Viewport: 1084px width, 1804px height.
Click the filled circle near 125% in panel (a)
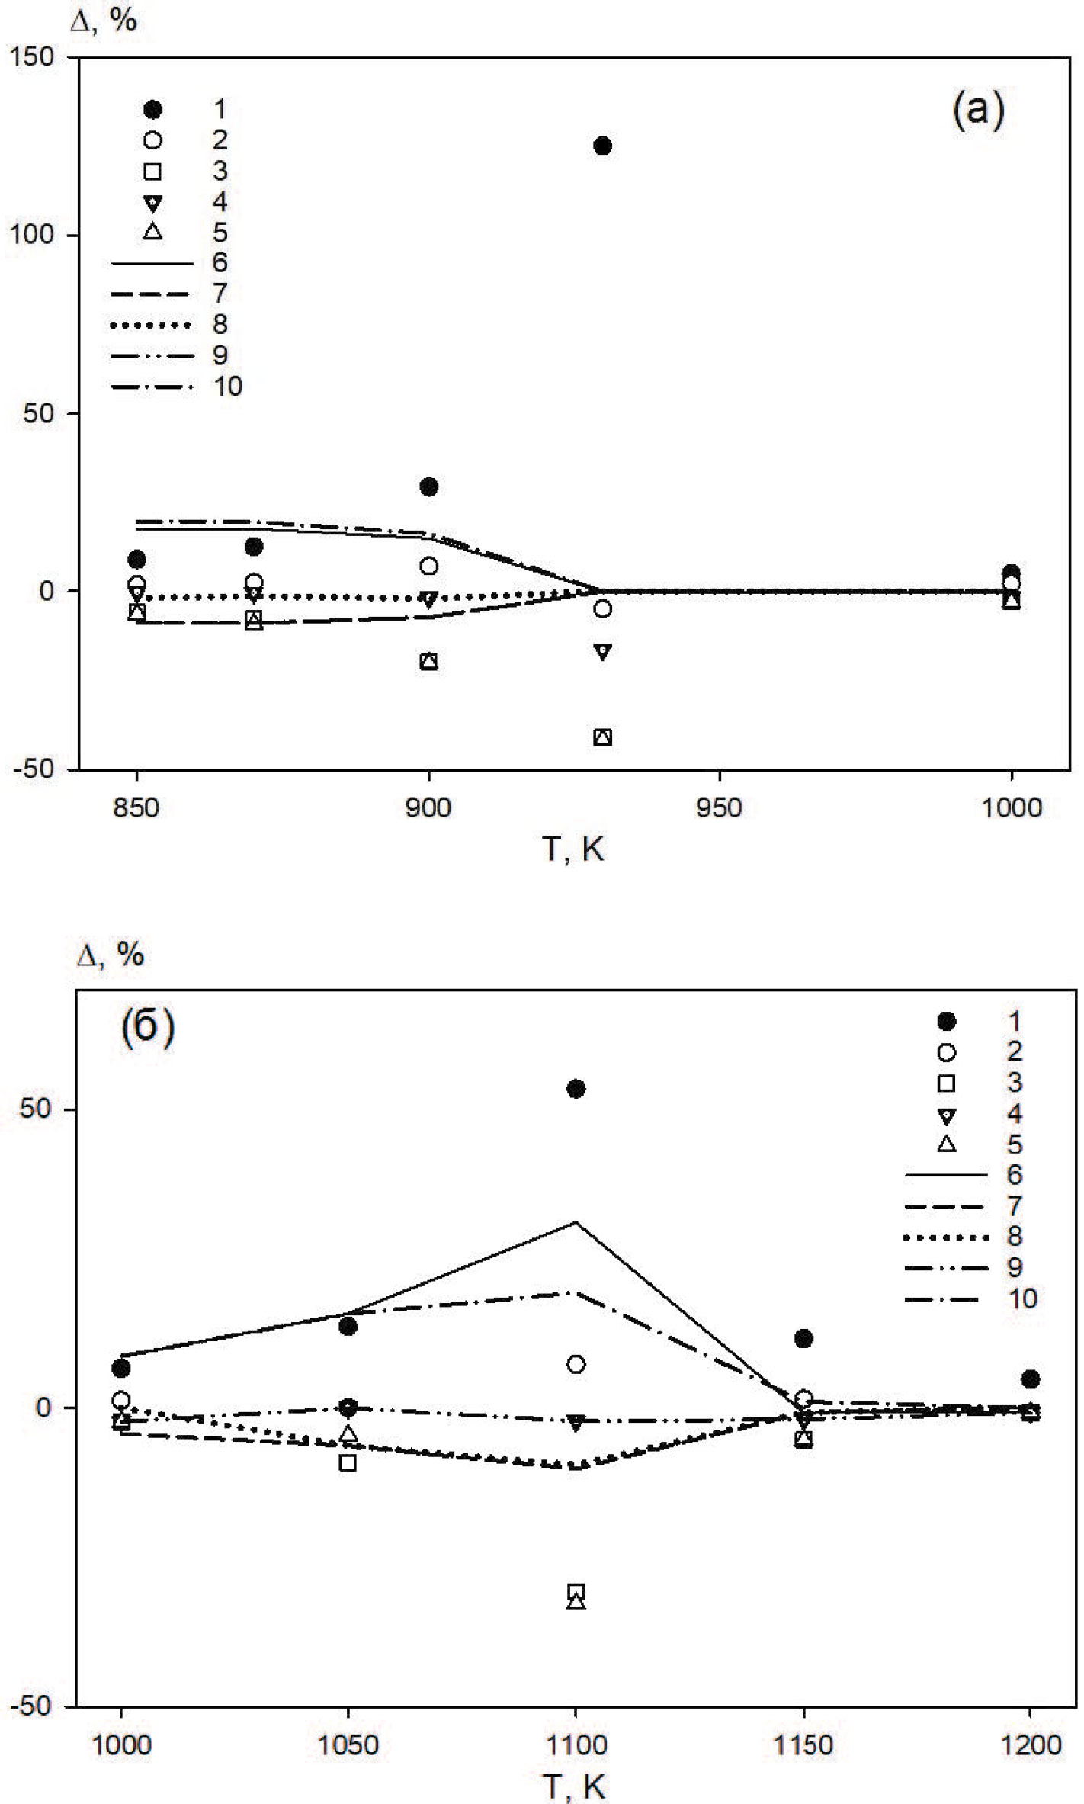click(x=602, y=146)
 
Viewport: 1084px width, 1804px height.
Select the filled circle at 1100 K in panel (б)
click(x=576, y=1088)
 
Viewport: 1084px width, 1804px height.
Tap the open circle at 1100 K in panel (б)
click(x=576, y=1364)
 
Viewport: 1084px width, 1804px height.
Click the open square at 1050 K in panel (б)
click(x=348, y=1462)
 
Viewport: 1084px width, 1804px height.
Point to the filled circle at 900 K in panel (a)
click(x=428, y=486)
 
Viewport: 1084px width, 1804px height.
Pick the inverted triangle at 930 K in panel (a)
click(x=602, y=651)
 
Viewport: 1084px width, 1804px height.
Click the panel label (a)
click(x=978, y=109)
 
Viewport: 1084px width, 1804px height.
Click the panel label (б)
click(x=148, y=1027)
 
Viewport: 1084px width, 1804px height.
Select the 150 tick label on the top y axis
click(x=31, y=57)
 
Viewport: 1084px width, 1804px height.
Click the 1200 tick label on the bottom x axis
click(x=1031, y=1745)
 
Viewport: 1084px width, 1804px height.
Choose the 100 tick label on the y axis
click(x=31, y=235)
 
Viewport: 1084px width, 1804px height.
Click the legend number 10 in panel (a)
click(x=227, y=387)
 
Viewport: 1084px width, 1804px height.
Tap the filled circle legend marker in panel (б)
click(x=946, y=1021)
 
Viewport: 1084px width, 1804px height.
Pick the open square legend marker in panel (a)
click(x=153, y=171)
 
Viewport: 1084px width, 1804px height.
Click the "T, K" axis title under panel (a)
click(x=572, y=849)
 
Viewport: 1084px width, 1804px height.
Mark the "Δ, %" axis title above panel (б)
click(x=110, y=955)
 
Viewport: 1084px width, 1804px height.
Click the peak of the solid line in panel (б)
click(x=576, y=1222)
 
